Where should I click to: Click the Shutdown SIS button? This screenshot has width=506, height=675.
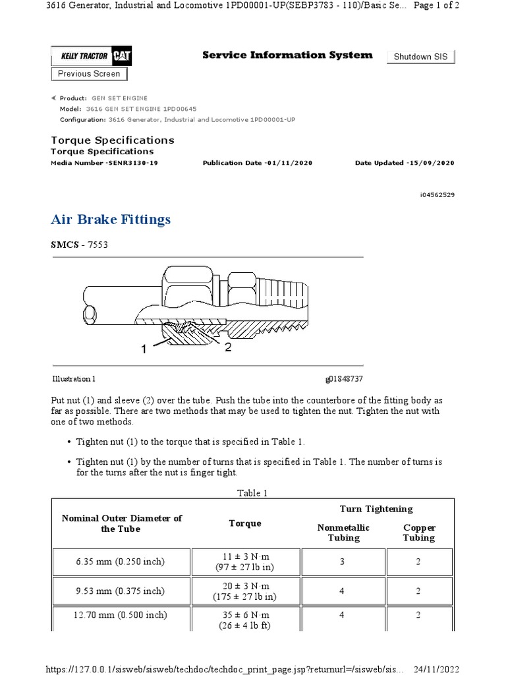click(420, 57)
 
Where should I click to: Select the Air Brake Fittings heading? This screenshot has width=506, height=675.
click(111, 220)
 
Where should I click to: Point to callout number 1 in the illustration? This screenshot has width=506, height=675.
click(144, 350)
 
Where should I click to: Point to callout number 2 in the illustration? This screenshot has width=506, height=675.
click(228, 347)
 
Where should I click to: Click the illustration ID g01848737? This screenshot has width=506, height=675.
click(344, 379)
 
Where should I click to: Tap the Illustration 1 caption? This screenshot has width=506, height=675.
click(74, 379)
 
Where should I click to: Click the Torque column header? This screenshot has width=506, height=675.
click(244, 523)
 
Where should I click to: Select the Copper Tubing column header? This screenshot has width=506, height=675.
click(419, 533)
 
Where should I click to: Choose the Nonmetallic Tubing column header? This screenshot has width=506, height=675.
click(343, 533)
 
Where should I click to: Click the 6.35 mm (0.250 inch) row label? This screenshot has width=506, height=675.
click(120, 562)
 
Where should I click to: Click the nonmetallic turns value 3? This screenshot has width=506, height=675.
click(343, 562)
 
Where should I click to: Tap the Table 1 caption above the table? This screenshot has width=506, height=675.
click(252, 493)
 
